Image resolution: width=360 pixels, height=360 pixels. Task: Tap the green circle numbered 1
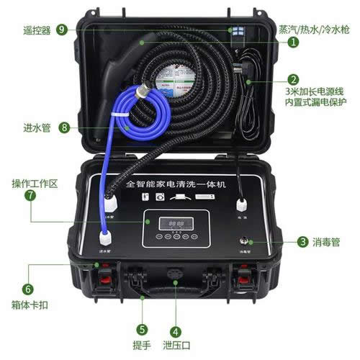pos(294,42)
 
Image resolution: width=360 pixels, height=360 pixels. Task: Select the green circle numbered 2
pos(294,81)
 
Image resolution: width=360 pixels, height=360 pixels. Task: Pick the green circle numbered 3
pos(303,242)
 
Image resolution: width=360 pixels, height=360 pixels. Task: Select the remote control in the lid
pos(236,34)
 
